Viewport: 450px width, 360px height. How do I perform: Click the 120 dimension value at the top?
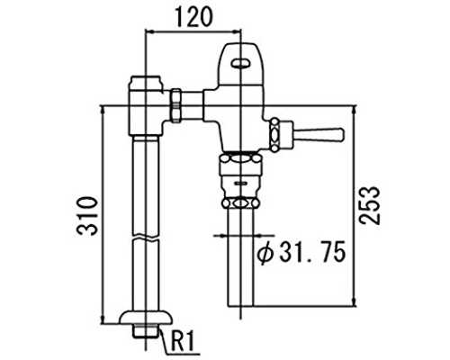pyautogui.click(x=193, y=17)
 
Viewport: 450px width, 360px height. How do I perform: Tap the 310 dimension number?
pyautogui.click(x=87, y=216)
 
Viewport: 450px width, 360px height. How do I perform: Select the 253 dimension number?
pyautogui.click(x=370, y=205)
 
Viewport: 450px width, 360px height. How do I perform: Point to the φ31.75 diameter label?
pyautogui.click(x=301, y=253)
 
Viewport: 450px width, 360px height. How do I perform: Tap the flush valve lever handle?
pyautogui.click(x=318, y=134)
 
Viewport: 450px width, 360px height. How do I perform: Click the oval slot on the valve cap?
pyautogui.click(x=240, y=63)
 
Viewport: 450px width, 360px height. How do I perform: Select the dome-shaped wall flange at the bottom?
pyautogui.click(x=146, y=318)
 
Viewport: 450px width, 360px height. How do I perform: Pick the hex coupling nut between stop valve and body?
pyautogui.click(x=176, y=105)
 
